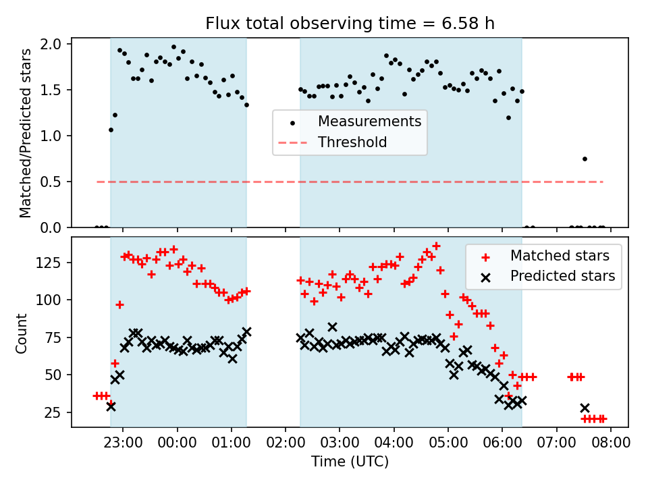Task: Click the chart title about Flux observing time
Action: click(350, 24)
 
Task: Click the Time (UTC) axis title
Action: click(350, 462)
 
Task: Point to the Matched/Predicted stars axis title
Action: click(26, 133)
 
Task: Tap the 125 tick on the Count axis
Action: click(53, 262)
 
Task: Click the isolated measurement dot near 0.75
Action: click(585, 159)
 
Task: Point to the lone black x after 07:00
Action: click(585, 408)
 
